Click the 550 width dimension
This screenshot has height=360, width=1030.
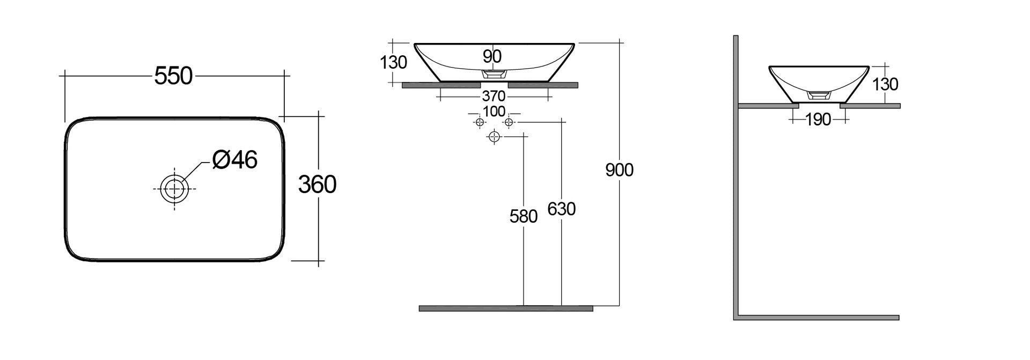173,76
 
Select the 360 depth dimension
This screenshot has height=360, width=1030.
317,185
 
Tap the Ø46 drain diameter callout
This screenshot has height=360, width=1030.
234,159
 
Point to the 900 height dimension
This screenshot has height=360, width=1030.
619,170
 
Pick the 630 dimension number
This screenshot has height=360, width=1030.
561,209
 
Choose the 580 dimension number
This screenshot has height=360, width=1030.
523,216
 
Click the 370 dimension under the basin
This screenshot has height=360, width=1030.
494,96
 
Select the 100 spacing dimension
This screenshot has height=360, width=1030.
494,112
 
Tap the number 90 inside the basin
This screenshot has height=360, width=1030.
492,56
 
